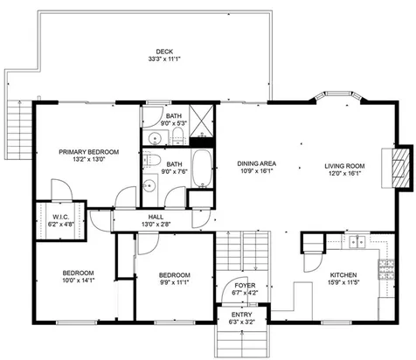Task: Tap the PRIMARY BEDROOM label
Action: [88, 151]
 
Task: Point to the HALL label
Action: [156, 217]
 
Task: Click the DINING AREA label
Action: [257, 163]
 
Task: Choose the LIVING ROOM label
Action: [344, 163]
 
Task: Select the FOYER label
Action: [245, 283]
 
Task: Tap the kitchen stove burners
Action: [383, 269]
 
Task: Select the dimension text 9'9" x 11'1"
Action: [174, 280]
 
